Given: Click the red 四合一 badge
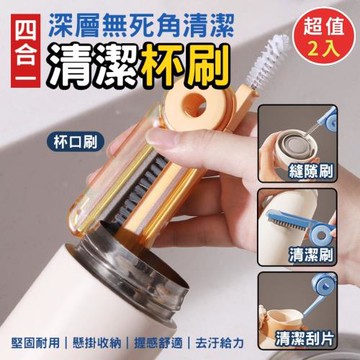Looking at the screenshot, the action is [25, 51].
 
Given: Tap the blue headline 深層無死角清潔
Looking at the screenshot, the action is [139, 27].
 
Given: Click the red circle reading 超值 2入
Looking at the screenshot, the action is [323, 36].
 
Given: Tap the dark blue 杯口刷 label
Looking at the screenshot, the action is [75, 142].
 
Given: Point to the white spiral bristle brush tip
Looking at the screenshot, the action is [268, 59].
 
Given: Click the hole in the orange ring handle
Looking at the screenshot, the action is [195, 105].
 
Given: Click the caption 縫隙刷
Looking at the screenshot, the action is [311, 173].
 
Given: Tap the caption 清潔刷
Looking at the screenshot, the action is [311, 255].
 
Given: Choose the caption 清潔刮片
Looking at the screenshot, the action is [305, 339].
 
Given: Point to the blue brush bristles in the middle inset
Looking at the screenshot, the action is [288, 221].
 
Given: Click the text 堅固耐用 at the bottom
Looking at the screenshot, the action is [35, 343].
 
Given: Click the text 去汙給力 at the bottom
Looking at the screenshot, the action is [220, 343].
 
